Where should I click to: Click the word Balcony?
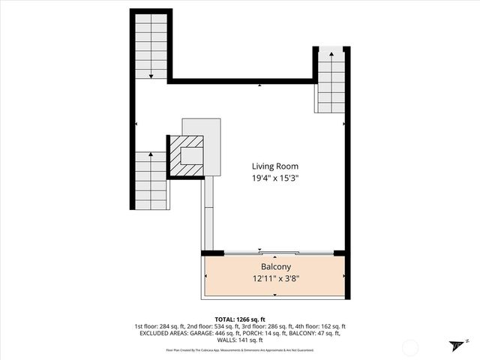tap(275, 267)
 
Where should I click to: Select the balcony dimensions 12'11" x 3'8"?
tap(275, 279)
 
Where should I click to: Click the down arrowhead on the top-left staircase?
tap(151, 76)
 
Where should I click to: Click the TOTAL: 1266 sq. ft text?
tap(240, 319)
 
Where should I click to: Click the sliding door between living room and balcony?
tap(277, 252)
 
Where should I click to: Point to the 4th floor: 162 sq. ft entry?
tap(323, 326)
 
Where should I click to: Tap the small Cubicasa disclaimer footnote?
tap(240, 349)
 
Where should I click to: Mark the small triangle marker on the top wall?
tap(259, 85)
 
